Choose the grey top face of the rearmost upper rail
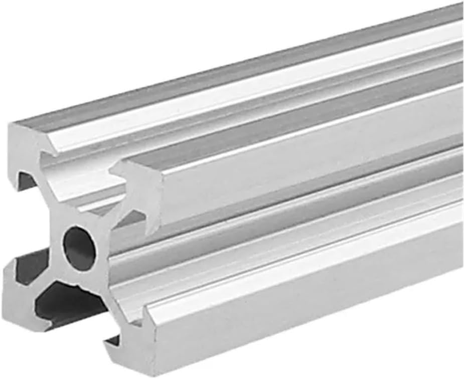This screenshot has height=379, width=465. tap(251, 70)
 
